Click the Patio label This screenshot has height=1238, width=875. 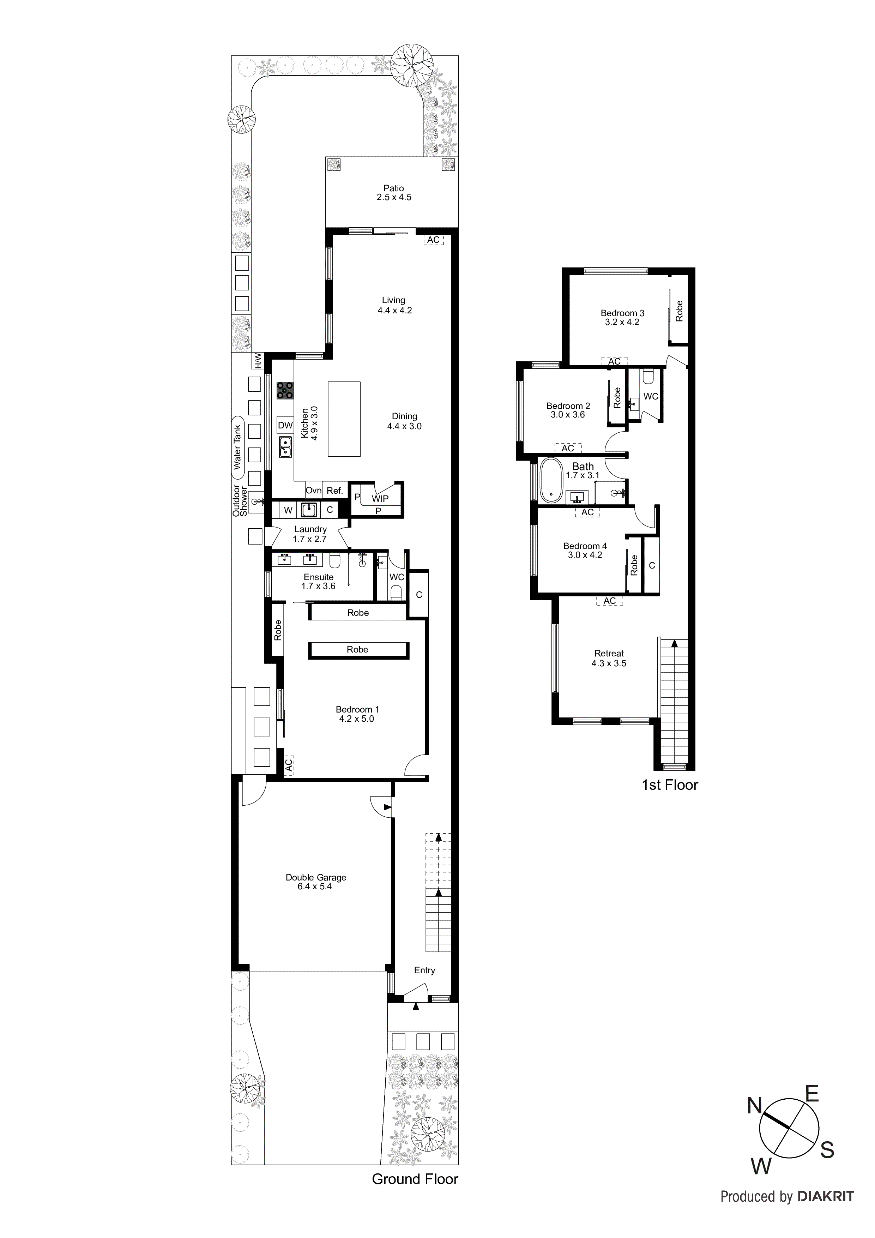tap(393, 188)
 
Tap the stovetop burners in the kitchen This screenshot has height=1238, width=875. tap(285, 390)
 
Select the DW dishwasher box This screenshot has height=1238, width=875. tap(285, 425)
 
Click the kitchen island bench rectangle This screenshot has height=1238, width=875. tap(344, 419)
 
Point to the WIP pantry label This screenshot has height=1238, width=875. tap(380, 499)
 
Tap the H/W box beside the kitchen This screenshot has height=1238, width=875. tap(258, 361)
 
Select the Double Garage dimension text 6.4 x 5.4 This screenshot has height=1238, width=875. tap(315, 887)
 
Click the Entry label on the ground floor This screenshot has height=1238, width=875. tap(424, 970)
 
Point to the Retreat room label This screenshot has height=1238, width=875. tap(609, 653)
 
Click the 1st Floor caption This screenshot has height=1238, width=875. tap(670, 785)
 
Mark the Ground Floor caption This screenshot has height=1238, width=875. tap(415, 1179)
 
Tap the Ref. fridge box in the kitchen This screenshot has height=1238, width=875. tap(335, 491)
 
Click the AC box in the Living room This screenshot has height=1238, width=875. tap(434, 240)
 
